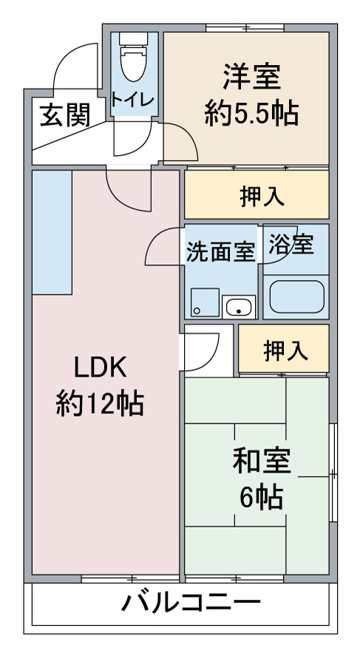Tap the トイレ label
[133, 100]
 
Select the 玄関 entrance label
[65, 115]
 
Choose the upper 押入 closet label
[262, 197]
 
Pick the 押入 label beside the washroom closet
[286, 351]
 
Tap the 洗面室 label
[220, 252]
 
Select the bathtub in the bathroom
[296, 297]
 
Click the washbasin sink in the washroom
[239, 307]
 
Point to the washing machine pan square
[205, 302]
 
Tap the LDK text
[100, 368]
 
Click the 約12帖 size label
[100, 403]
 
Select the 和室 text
[262, 460]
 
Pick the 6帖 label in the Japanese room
[262, 496]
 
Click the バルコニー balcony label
[191, 604]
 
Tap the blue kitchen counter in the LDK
[52, 232]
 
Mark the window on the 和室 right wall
[333, 473]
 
